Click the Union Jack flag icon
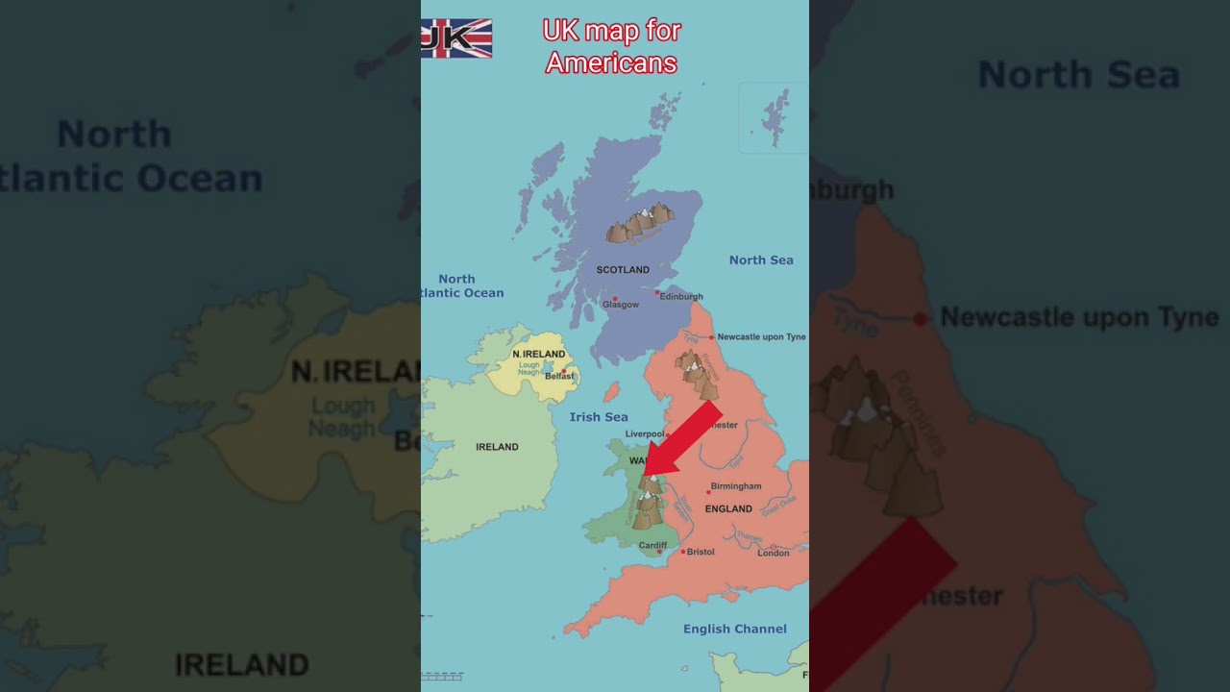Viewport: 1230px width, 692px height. (x=456, y=38)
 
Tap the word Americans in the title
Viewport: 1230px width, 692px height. (x=611, y=63)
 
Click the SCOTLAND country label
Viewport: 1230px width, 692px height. (x=623, y=270)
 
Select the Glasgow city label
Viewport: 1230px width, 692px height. (x=620, y=305)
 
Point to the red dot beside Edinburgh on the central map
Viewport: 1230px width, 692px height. (x=657, y=292)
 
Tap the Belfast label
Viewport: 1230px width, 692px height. (x=558, y=377)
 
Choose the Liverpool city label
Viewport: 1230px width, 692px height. (x=645, y=434)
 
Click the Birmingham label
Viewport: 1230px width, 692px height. (x=736, y=486)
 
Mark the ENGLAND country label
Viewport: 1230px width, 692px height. (x=728, y=509)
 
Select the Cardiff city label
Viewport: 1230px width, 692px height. (x=652, y=546)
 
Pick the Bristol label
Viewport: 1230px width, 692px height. (x=701, y=552)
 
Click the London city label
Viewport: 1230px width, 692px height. (x=773, y=553)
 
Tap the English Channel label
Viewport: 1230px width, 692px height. (x=734, y=629)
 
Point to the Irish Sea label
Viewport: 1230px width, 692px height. (x=598, y=417)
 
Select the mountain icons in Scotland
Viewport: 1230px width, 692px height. (x=639, y=224)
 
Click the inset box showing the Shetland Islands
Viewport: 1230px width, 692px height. (x=773, y=118)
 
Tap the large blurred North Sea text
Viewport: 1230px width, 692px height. (x=1078, y=75)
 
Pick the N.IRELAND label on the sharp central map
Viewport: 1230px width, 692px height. (x=538, y=354)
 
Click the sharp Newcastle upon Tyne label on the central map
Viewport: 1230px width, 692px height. (x=761, y=337)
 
